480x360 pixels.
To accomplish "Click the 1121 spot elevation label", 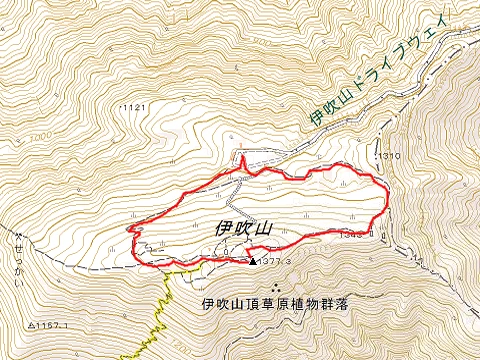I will pyautogui.click(x=133, y=106).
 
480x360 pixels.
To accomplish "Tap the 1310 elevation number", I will pyautogui.click(x=391, y=157).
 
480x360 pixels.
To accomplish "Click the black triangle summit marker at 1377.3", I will pyautogui.click(x=251, y=261).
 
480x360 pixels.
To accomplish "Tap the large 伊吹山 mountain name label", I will pyautogui.click(x=243, y=228).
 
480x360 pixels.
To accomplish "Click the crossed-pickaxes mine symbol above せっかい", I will pyautogui.click(x=17, y=237).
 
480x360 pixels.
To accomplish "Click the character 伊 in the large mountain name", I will pyautogui.click(x=221, y=228).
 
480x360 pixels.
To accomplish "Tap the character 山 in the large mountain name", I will pyautogui.click(x=265, y=228).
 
